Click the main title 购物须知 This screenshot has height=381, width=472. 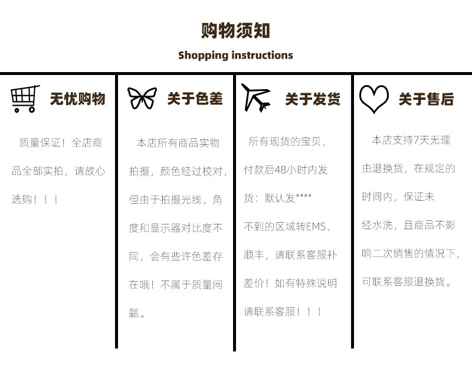235,31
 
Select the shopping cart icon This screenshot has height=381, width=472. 25,99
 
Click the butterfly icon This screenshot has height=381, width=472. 142,98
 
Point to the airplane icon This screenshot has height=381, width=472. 256,97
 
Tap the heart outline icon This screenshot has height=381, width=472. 374,99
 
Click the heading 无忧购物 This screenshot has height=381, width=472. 78,99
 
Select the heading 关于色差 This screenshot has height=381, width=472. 195,99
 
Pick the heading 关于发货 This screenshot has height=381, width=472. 313,99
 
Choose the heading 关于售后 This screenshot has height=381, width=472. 426,99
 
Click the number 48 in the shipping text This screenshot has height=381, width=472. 280,170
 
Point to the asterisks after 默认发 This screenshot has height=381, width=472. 304,196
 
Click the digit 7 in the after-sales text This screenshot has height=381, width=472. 417,140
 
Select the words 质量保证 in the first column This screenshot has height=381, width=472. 40,143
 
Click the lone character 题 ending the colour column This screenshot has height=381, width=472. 134,313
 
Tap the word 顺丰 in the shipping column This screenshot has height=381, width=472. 254,255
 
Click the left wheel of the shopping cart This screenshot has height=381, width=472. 17,110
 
